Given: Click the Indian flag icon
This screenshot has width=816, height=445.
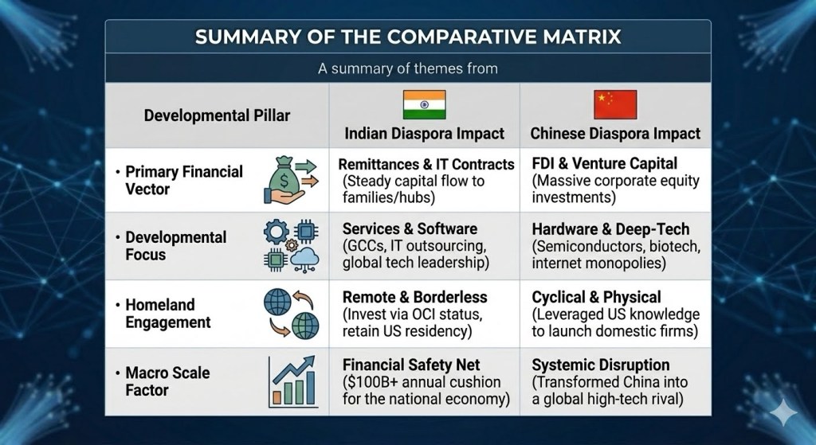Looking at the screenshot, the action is (424, 104).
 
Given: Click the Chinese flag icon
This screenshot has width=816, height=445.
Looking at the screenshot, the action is (615, 104).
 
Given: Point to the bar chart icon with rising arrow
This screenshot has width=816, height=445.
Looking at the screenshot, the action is (292, 381).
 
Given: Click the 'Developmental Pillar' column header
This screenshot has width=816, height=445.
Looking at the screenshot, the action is (217, 115).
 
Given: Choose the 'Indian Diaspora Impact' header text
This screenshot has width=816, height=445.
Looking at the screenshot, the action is (424, 134).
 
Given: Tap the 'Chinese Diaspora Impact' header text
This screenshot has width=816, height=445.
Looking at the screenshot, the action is (615, 134).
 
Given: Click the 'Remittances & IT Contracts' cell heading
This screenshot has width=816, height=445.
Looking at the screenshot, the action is (426, 164).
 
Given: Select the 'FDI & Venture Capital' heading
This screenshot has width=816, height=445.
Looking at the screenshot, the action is (604, 164).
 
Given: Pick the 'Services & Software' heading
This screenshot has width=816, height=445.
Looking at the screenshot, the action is (410, 228).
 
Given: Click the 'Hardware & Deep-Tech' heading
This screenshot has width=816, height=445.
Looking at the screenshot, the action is (610, 229).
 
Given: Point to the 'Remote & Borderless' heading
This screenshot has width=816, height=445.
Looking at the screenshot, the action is (414, 297).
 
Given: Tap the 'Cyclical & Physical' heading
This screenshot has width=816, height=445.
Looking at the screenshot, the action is (596, 297).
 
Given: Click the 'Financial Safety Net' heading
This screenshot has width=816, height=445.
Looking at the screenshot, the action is (411, 365).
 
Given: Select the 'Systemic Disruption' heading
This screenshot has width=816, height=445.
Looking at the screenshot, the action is (601, 365).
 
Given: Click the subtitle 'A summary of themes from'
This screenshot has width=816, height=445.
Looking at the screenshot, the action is (408, 68).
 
